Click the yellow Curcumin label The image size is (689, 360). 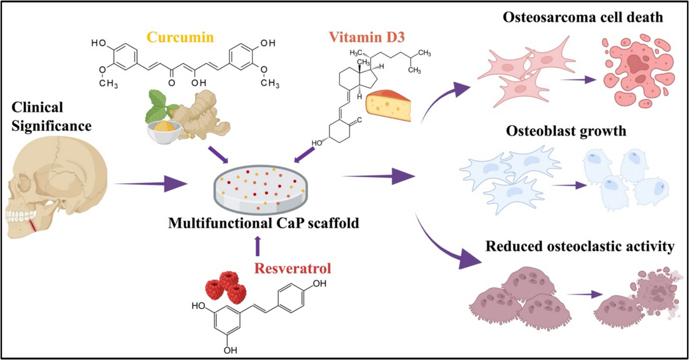[x=180, y=37]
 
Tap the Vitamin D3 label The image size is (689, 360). [x=367, y=37]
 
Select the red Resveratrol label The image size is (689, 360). [x=293, y=268]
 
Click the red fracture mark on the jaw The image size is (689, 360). [x=33, y=226]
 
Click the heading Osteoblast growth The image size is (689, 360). [x=566, y=131]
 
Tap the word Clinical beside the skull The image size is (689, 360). [x=38, y=107]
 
